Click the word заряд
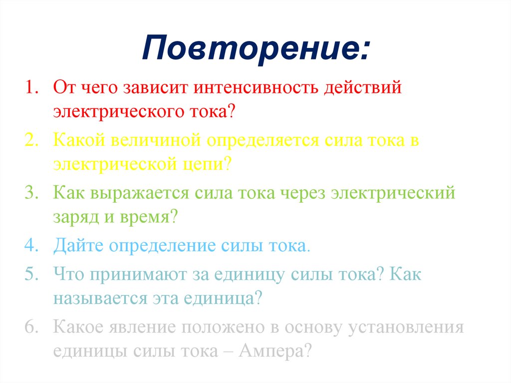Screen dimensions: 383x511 pyautogui.click(x=76, y=217)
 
